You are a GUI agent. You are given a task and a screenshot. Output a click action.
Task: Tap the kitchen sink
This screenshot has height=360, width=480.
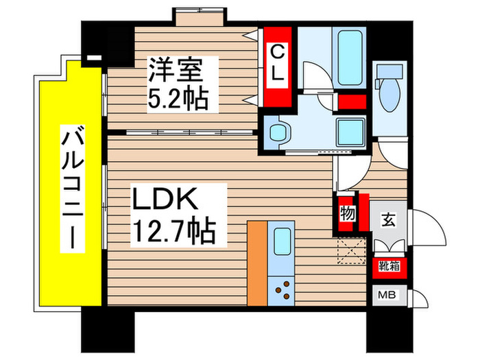point(281,244)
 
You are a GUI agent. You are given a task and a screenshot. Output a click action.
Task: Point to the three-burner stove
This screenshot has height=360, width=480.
point(282,291)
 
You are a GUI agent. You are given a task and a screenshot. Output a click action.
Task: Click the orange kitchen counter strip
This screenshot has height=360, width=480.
point(256,263)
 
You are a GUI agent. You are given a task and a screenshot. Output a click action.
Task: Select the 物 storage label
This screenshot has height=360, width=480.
point(346,215)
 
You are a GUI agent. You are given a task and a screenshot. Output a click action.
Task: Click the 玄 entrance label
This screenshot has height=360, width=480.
point(388,221)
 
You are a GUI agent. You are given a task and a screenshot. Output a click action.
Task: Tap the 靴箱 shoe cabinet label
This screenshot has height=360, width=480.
point(387,267)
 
